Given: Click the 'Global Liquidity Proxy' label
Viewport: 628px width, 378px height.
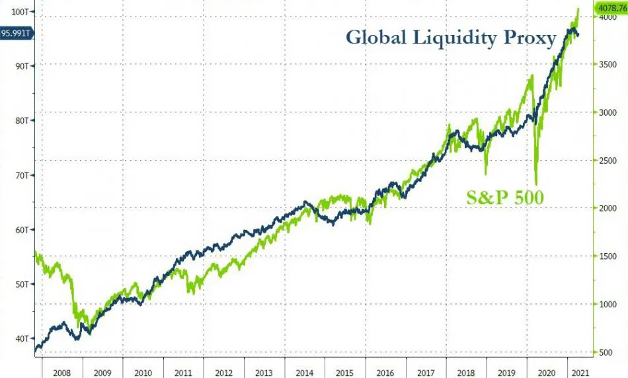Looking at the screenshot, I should click(x=451, y=37).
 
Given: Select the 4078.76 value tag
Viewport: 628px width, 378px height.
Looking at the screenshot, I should click(x=611, y=9).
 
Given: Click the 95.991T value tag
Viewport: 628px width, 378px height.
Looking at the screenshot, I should click(x=17, y=32).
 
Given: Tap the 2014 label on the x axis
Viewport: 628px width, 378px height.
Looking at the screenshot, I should click(x=305, y=371).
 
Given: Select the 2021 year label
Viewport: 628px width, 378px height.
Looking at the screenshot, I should click(x=580, y=371).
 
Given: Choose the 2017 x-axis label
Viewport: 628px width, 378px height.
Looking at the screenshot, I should click(x=426, y=371).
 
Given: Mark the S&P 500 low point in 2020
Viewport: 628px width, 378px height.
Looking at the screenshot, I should click(x=535, y=184).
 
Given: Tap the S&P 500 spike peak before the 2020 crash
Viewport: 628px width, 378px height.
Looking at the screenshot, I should click(x=530, y=77).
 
